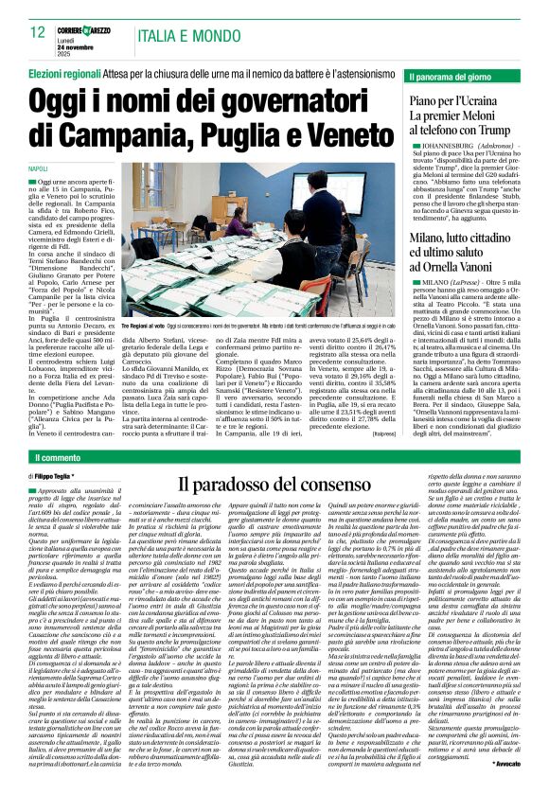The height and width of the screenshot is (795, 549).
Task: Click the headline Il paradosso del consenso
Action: point(265,485)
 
